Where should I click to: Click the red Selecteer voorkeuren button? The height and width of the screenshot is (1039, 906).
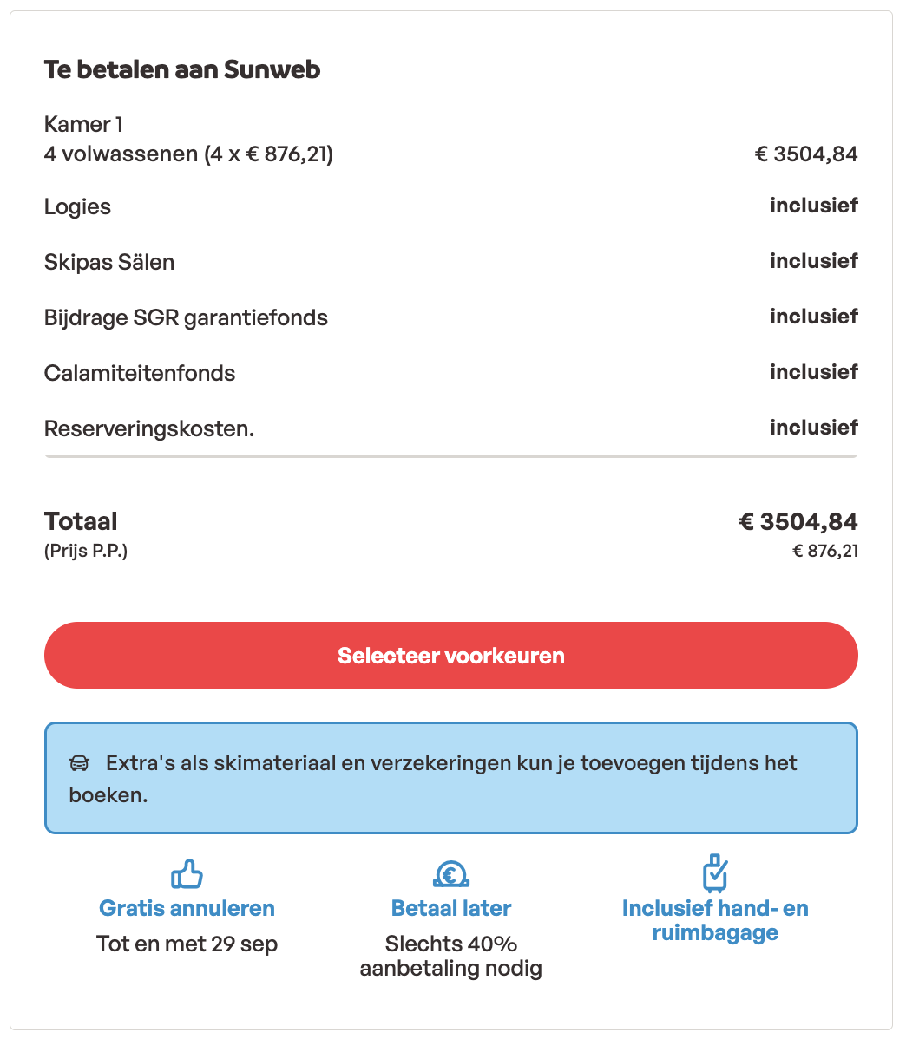click(451, 656)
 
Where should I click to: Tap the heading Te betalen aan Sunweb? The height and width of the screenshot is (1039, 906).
click(182, 69)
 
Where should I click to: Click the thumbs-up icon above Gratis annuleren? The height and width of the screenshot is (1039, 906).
click(187, 874)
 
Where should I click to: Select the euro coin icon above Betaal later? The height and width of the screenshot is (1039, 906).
click(450, 874)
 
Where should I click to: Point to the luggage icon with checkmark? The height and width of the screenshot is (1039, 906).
click(714, 872)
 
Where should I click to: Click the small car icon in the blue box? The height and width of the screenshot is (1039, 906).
click(79, 764)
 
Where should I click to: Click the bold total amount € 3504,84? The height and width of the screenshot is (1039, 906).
click(798, 521)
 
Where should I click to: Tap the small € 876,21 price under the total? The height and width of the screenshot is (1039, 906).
click(825, 551)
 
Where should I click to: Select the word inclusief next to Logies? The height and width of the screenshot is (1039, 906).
click(813, 206)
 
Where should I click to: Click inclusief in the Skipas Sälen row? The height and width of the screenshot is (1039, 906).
click(813, 261)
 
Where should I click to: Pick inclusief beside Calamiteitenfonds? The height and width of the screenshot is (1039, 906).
click(813, 372)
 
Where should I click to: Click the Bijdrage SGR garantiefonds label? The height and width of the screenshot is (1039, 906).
click(186, 317)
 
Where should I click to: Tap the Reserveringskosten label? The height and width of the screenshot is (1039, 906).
click(149, 428)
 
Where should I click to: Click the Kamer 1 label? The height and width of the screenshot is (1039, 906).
click(77, 124)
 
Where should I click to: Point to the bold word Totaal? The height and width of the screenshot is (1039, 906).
click(81, 521)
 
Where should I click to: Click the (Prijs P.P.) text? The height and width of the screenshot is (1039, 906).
click(86, 551)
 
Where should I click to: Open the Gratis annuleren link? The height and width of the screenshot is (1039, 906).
click(187, 908)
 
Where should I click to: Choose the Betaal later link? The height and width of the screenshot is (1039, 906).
click(451, 908)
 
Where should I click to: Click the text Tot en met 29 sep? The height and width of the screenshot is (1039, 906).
click(187, 944)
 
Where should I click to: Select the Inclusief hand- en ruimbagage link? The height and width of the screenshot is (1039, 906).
click(715, 920)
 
